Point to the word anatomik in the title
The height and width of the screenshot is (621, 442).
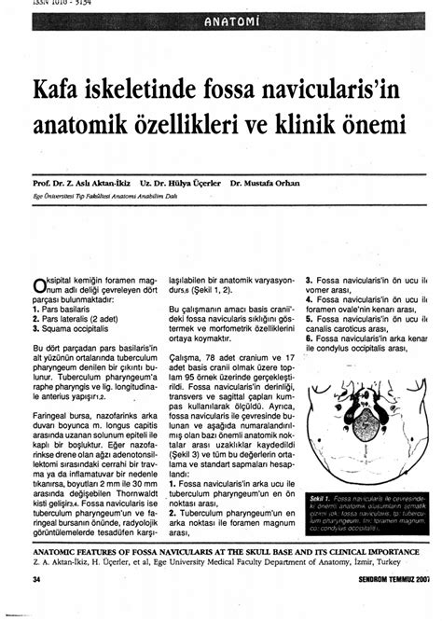[x=83, y=123]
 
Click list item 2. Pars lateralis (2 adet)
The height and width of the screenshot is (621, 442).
[x=79, y=319]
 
